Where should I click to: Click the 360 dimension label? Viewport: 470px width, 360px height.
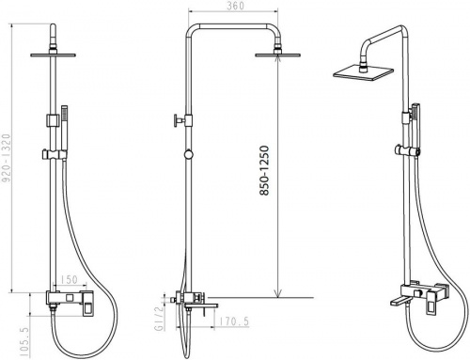pos(236,6)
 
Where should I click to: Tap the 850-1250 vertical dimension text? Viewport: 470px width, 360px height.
pos(264,170)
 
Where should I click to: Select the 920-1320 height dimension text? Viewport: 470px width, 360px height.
pos(7,158)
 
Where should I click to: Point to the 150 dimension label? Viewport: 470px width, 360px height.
pos(69,279)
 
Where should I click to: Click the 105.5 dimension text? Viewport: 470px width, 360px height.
pos(23,341)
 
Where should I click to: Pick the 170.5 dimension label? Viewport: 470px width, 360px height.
pos(233,321)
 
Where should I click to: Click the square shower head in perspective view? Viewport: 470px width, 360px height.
pos(364,72)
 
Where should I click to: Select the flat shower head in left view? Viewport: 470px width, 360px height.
pos(54,55)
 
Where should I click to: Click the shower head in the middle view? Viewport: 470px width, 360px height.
pos(278,55)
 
